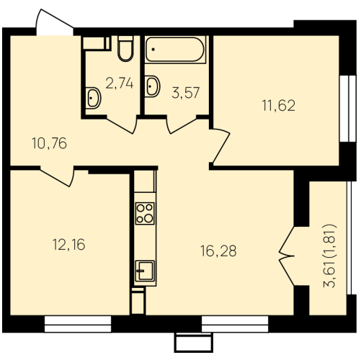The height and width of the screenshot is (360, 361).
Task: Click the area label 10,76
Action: [49, 143]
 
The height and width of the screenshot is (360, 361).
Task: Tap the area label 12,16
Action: [69, 245]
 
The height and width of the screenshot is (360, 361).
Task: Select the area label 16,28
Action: [218, 251]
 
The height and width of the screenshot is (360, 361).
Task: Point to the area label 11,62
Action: [279, 106]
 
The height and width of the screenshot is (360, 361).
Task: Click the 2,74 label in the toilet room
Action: [120, 84]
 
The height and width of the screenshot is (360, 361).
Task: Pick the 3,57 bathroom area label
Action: [186, 93]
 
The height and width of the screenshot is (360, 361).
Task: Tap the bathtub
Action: [175, 50]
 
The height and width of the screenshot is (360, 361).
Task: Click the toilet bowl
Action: [125, 48]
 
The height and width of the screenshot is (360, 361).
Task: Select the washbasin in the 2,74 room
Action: [93, 98]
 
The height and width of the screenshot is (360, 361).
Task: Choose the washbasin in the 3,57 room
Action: [152, 86]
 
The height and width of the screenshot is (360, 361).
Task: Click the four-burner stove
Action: [145, 213]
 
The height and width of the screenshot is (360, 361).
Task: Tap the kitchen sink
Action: [145, 271]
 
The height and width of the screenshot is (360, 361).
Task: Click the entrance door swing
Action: [54, 22]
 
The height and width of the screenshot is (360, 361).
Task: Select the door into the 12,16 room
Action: [57, 176]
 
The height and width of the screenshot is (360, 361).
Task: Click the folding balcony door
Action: [287, 256]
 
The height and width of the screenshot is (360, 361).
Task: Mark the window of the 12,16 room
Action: [78, 324]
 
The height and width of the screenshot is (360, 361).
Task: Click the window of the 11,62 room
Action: [347, 109]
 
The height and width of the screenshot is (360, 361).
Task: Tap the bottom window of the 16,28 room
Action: [235, 324]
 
